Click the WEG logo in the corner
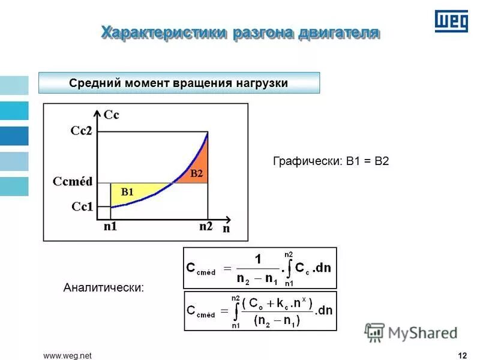pos(451,22)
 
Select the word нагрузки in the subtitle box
pos(259,83)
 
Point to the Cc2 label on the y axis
pos(81,131)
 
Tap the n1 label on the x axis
pos(110,227)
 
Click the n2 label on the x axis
pos(206,227)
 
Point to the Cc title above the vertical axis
pos(111,115)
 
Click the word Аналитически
pos(104,288)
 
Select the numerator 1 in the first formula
pos(258,260)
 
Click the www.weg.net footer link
pos(67,356)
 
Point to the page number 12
pos(462,356)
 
